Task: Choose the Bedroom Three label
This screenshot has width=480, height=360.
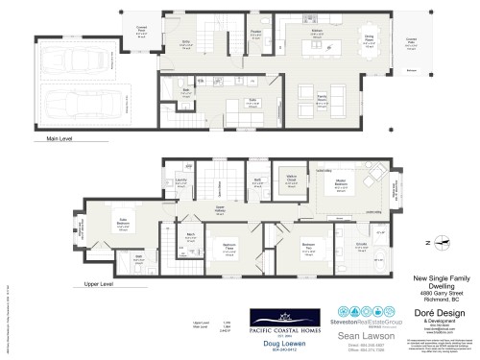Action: click(230, 246)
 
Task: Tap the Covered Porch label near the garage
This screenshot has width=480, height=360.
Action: click(141, 30)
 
